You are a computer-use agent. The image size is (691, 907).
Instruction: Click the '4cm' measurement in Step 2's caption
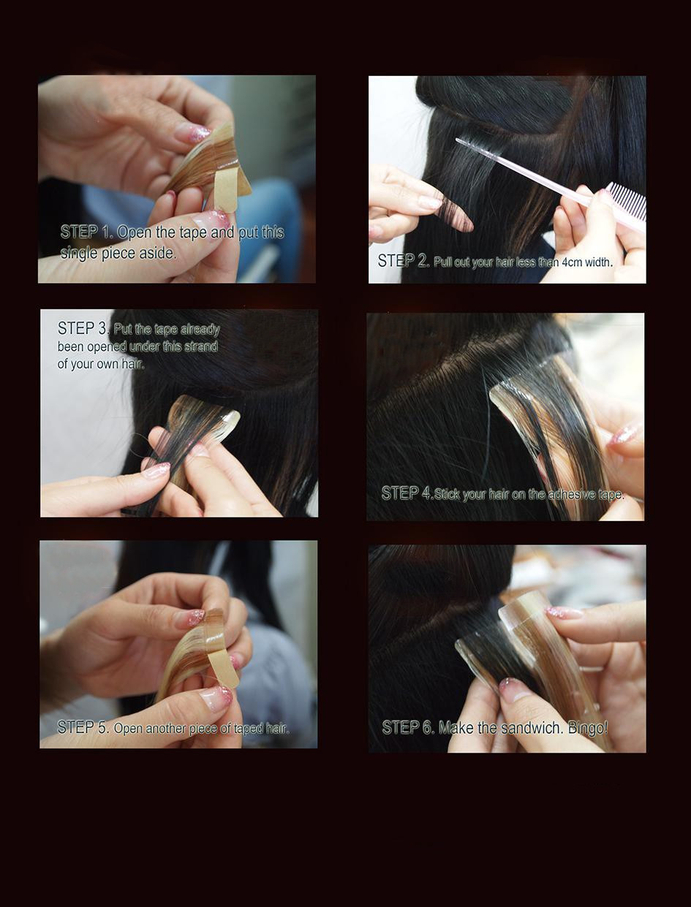click(x=572, y=262)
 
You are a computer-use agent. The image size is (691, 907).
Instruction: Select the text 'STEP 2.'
click(x=404, y=261)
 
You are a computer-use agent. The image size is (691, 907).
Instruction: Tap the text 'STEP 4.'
click(x=407, y=493)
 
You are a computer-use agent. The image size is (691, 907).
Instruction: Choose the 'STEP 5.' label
click(x=83, y=727)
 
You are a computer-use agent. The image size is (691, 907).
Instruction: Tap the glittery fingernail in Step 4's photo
click(x=626, y=434)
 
